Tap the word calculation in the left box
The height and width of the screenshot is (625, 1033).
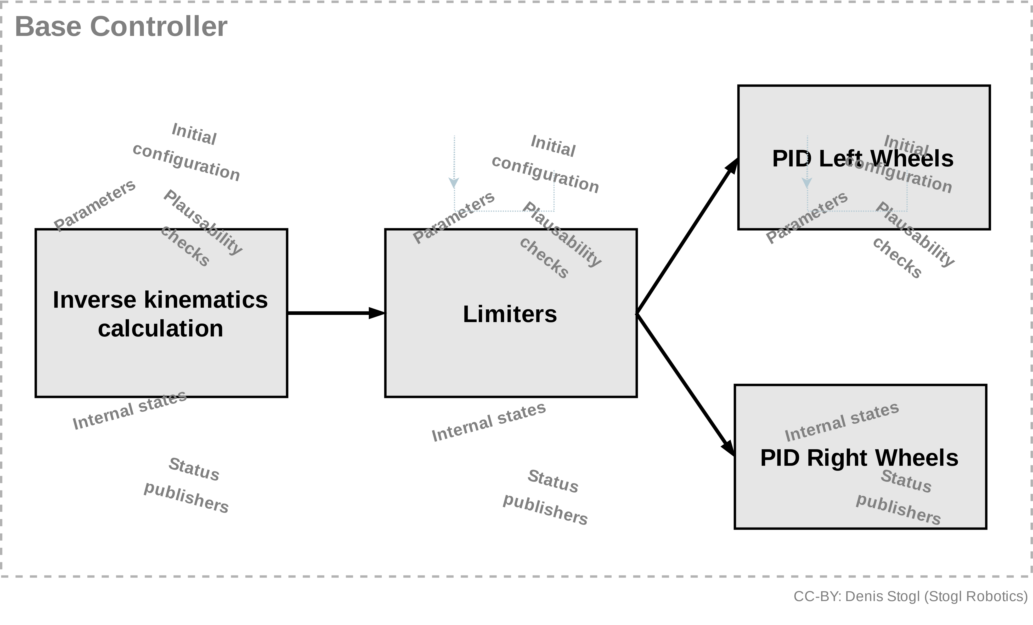click(x=161, y=329)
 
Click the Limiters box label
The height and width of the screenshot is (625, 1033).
click(x=510, y=314)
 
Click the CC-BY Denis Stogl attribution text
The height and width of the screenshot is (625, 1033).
click(x=911, y=596)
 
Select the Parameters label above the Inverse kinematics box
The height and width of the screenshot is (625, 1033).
click(x=95, y=205)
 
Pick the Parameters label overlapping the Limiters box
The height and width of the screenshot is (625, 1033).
click(x=454, y=217)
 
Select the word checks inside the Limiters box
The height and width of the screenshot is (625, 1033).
click(x=544, y=258)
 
